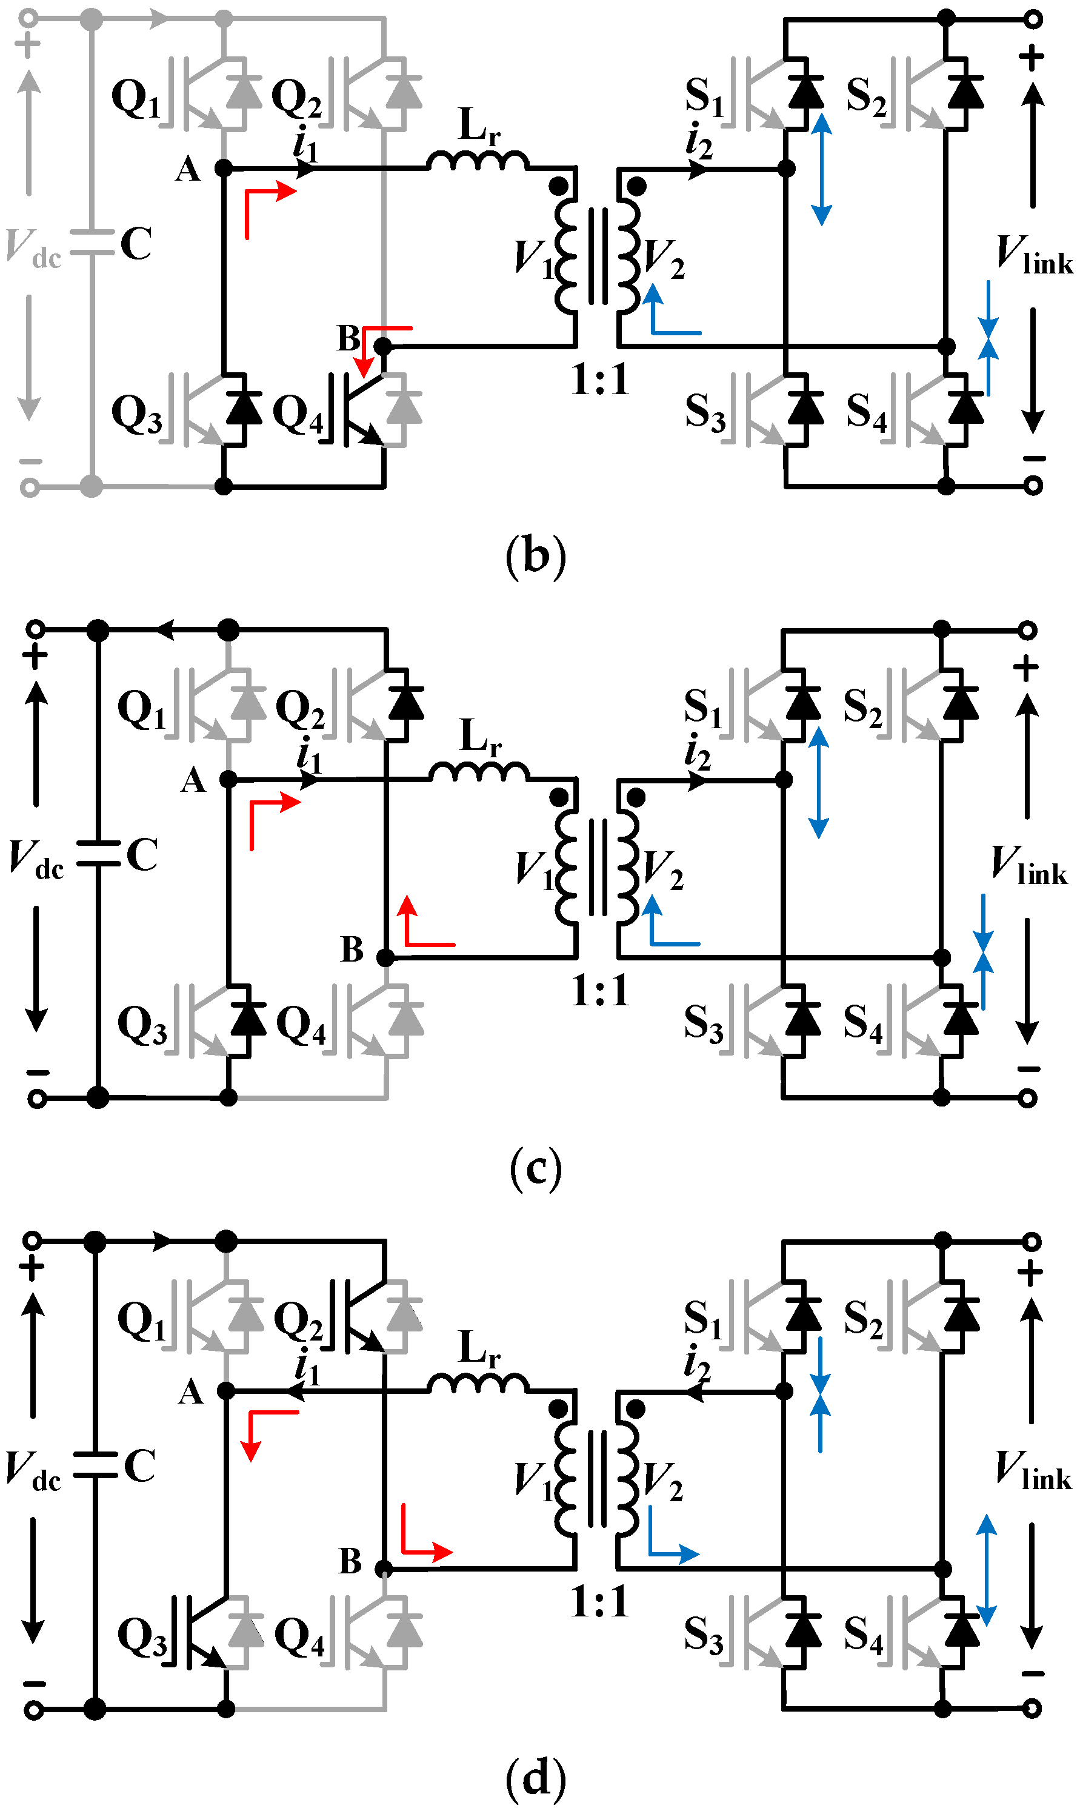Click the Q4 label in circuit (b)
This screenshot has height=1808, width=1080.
pos(298,413)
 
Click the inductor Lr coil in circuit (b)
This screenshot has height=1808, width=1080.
pos(478,161)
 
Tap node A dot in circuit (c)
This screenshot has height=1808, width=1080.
pos(228,779)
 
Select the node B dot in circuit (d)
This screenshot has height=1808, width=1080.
pos(384,1569)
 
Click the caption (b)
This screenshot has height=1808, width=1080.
pos(536,556)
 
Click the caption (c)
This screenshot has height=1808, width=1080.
pos(536,1168)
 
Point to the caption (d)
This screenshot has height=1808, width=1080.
pos(536,1778)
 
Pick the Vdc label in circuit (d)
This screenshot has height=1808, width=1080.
pos(33,1467)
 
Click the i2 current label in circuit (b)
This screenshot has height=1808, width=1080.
pos(699,141)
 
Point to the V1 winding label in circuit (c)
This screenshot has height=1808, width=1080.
pos(535,869)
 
